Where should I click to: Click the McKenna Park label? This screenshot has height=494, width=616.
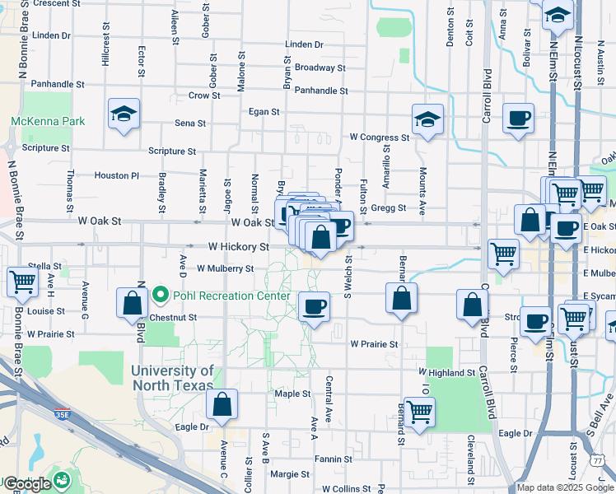pyautogui.click(x=48, y=121)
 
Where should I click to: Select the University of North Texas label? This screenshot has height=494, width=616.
pyautogui.click(x=172, y=378)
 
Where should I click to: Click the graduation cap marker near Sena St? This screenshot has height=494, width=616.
pyautogui.click(x=124, y=114)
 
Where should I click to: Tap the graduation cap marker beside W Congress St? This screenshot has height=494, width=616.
pyautogui.click(x=427, y=120)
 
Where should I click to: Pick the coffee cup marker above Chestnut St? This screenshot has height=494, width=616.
pyautogui.click(x=315, y=308)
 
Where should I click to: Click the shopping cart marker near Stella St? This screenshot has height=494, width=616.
pyautogui.click(x=23, y=282)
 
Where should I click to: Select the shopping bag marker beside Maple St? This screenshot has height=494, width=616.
pyautogui.click(x=222, y=404)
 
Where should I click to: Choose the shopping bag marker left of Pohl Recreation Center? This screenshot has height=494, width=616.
pyautogui.click(x=133, y=303)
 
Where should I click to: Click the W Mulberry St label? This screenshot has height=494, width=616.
pyautogui.click(x=225, y=268)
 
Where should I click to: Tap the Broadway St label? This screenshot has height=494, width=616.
pyautogui.click(x=320, y=68)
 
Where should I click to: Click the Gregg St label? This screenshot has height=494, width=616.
pyautogui.click(x=389, y=208)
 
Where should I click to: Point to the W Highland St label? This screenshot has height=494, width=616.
pyautogui.click(x=447, y=373)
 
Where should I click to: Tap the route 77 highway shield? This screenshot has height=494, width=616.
pyautogui.click(x=596, y=463)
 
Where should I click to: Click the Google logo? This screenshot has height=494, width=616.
pyautogui.click(x=27, y=484)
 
